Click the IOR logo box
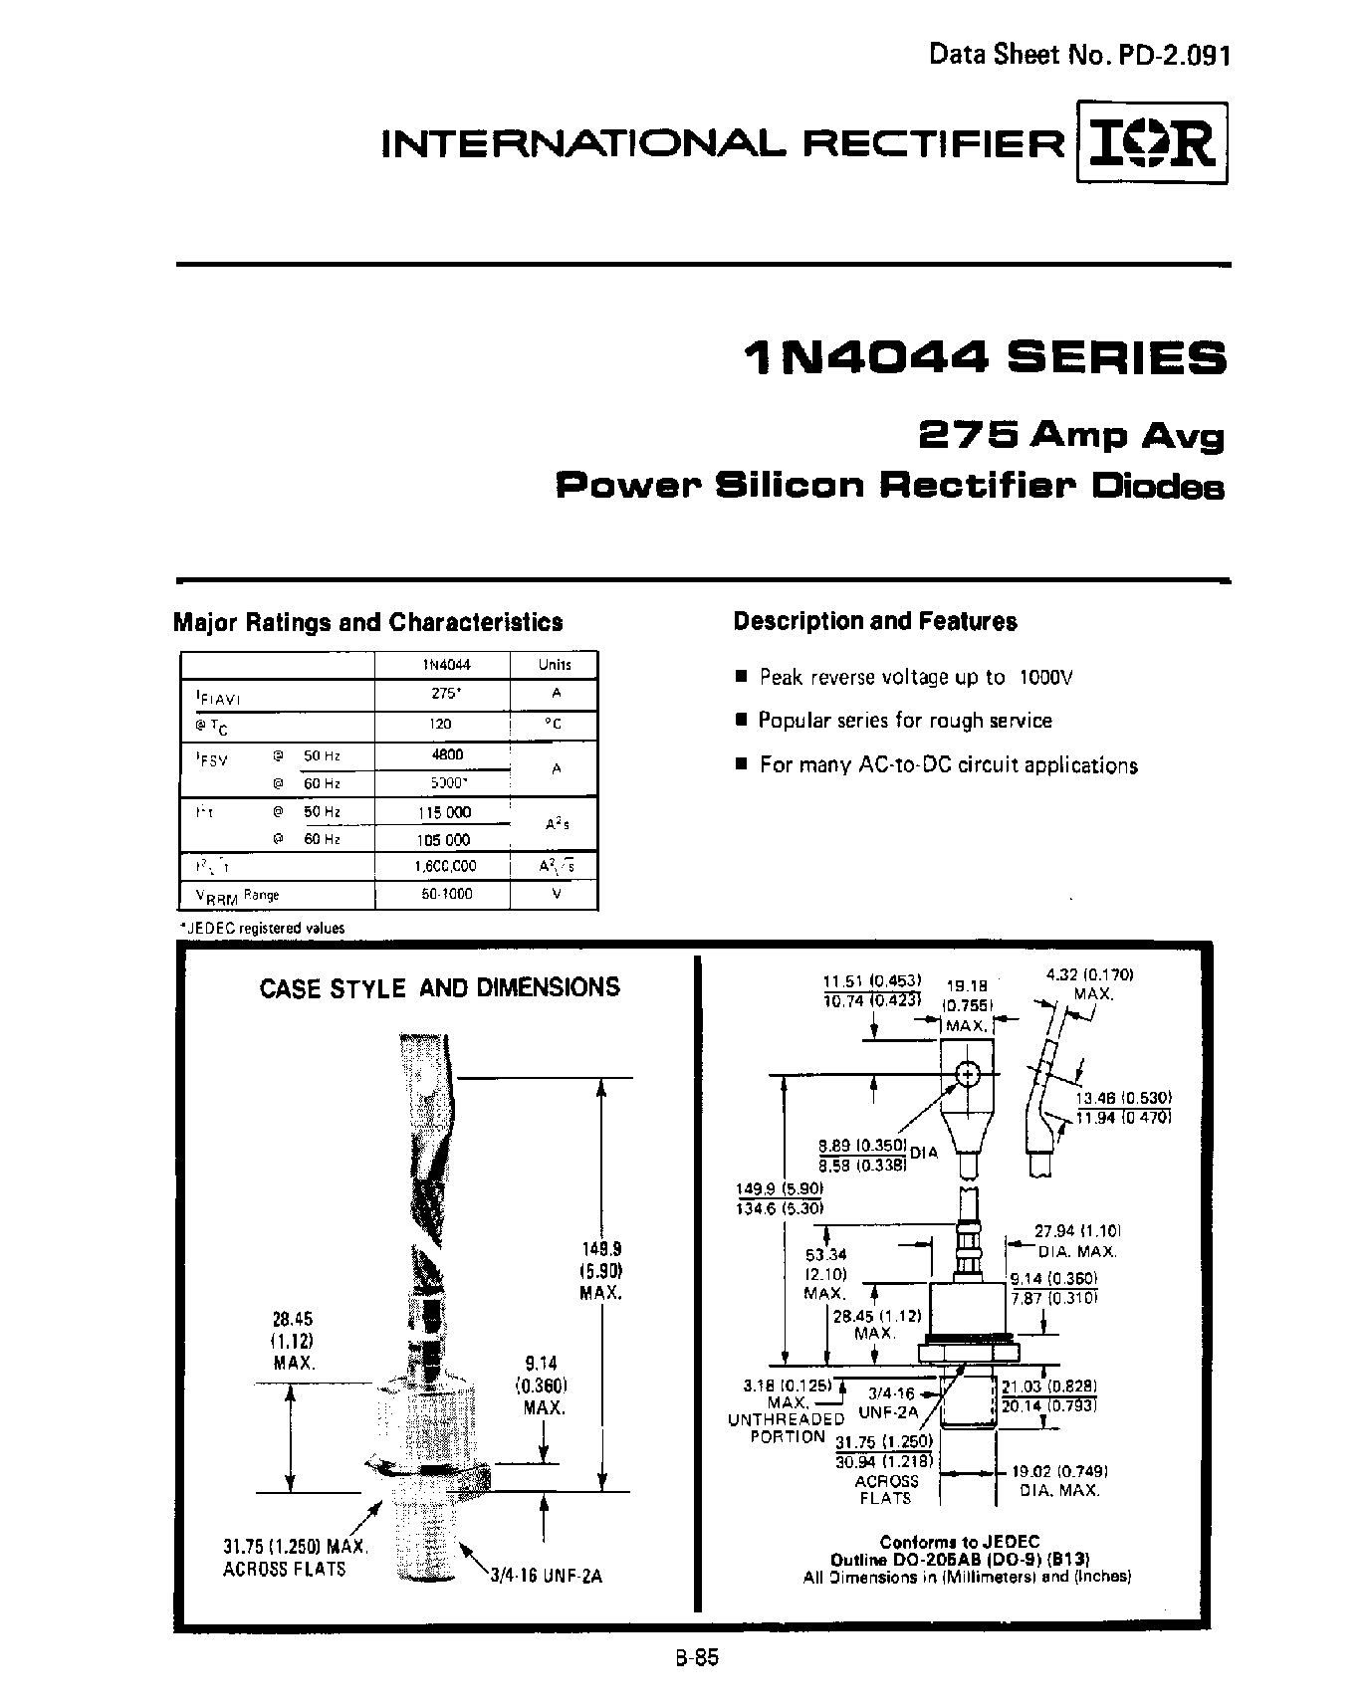(x=1152, y=142)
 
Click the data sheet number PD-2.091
(x=1079, y=55)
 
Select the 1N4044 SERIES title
(x=985, y=358)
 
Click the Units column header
(x=555, y=665)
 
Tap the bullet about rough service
(x=904, y=720)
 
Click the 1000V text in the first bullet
(x=1045, y=677)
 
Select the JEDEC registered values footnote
(x=262, y=928)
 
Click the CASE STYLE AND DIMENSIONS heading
(x=439, y=987)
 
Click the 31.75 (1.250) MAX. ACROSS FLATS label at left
(x=296, y=1559)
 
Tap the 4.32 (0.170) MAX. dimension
(x=1091, y=983)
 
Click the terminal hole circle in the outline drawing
(x=968, y=1074)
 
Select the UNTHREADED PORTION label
(x=787, y=1427)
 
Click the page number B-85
(x=694, y=1658)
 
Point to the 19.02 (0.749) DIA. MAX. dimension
(x=1059, y=1480)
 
